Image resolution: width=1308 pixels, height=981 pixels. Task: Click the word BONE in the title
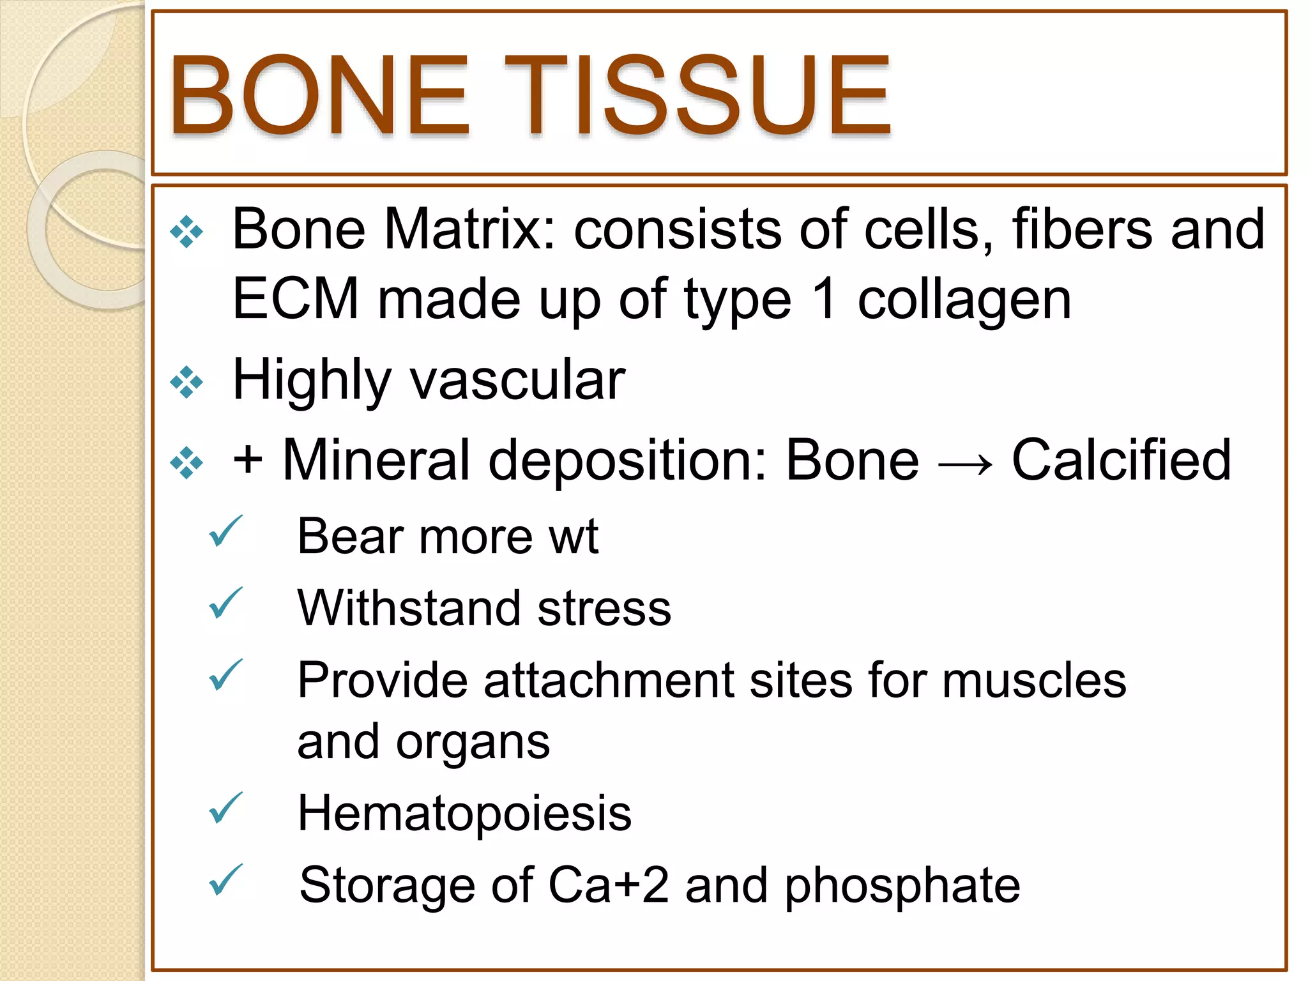[319, 96]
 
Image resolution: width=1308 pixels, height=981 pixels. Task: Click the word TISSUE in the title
[697, 96]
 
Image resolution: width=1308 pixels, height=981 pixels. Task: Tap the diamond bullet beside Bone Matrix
[186, 232]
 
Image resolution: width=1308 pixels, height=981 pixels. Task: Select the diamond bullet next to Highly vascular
[186, 382]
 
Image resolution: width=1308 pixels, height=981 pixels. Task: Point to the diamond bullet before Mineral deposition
[186, 462]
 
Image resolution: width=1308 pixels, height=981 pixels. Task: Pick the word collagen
[964, 300]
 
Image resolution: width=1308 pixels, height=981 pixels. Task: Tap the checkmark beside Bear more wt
[225, 531]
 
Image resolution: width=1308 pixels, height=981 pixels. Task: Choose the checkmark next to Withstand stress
[225, 603]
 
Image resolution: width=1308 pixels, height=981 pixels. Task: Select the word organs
[473, 743]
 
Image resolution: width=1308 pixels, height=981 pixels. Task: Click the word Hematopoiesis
[464, 814]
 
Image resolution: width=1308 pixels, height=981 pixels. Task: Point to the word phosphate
[902, 886]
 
